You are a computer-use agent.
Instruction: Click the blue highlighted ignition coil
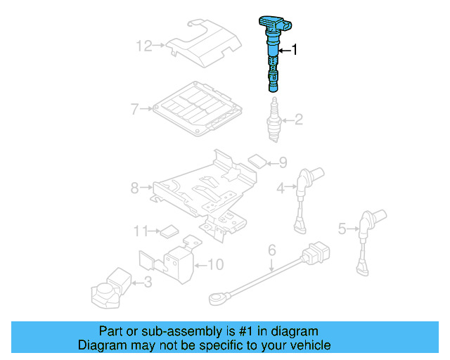272,53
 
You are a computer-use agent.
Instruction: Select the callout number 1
296,50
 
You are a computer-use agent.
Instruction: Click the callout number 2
298,120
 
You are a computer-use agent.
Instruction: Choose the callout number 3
147,283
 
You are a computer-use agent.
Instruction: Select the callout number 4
280,187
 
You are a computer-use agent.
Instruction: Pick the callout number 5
342,228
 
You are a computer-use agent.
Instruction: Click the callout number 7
134,108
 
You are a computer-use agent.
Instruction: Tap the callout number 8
134,188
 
